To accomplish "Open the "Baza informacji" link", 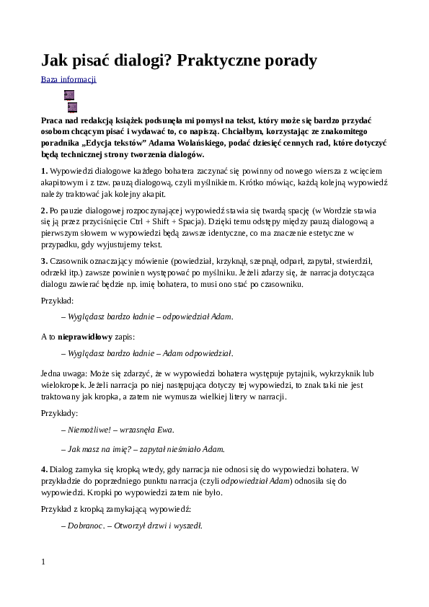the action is click(x=68, y=80).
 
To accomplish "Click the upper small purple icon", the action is click(x=69, y=95).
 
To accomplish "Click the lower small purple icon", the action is click(x=72, y=107).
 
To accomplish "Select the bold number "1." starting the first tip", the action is click(x=44, y=171).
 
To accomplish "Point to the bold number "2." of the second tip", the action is click(x=44, y=211).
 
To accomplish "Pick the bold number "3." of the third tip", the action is click(x=44, y=261).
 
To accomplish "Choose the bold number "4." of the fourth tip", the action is click(x=44, y=470).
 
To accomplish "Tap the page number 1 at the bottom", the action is click(x=43, y=562).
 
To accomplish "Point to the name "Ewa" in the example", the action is click(x=164, y=430).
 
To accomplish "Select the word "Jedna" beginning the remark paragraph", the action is click(x=52, y=373).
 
